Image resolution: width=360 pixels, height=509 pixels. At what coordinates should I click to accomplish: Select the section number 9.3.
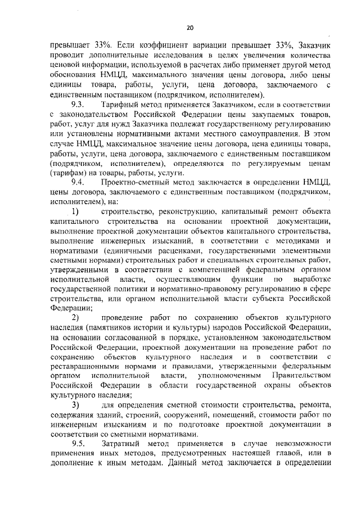pyautogui.click(x=78, y=106)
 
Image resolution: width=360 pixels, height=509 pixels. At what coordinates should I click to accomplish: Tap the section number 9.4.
pyautogui.click(x=78, y=182)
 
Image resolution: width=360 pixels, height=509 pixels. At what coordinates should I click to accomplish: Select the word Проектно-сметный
pyautogui.click(x=135, y=182)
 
